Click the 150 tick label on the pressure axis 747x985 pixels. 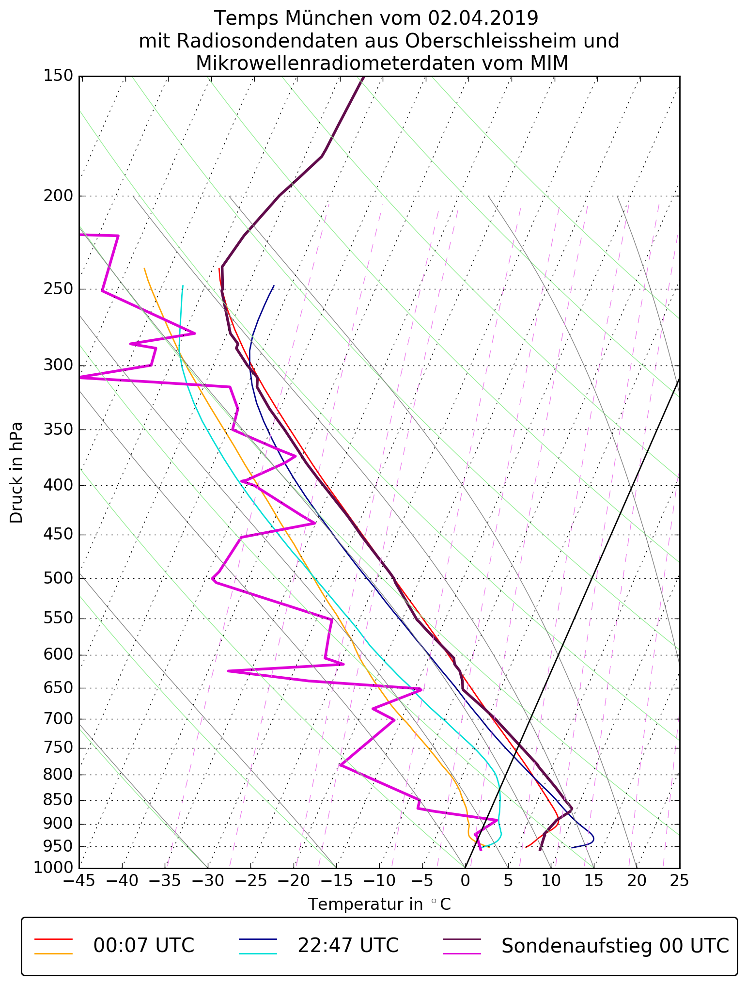(x=58, y=76)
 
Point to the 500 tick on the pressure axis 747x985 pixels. (x=58, y=578)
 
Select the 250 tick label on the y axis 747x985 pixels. (x=58, y=289)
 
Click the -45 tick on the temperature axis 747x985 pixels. (x=79, y=880)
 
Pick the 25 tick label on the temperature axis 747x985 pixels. (x=679, y=880)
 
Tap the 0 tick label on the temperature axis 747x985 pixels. (x=465, y=880)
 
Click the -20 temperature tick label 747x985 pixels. (x=293, y=880)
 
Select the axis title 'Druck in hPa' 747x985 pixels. (x=16, y=473)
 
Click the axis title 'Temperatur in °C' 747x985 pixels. (x=379, y=905)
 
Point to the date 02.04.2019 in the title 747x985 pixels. (x=483, y=18)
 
